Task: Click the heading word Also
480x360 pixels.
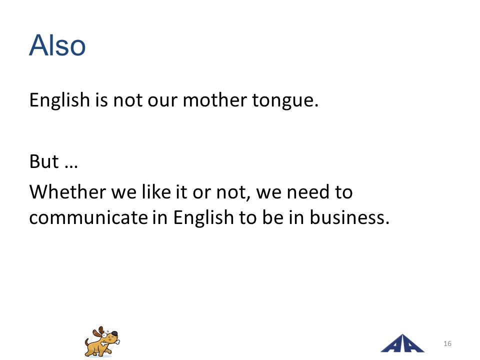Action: [x=57, y=45]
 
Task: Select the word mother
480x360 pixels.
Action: [x=214, y=100]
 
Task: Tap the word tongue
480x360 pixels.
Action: [x=285, y=101]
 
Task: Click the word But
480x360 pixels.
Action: [x=44, y=161]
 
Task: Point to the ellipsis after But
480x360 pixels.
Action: [x=71, y=166]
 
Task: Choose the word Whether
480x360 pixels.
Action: [x=67, y=192]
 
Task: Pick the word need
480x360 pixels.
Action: [x=308, y=192]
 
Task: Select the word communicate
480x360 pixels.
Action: [x=88, y=217]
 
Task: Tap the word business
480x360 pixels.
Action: [x=349, y=217]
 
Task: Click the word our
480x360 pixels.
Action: [x=162, y=101]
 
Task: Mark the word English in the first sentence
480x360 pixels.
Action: [x=59, y=100]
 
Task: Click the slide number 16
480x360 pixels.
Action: [x=447, y=343]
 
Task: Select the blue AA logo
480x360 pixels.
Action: [x=402, y=343]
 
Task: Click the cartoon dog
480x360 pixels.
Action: [x=102, y=341]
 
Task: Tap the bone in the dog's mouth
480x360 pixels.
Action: [x=110, y=342]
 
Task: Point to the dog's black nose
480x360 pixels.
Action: [x=114, y=333]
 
